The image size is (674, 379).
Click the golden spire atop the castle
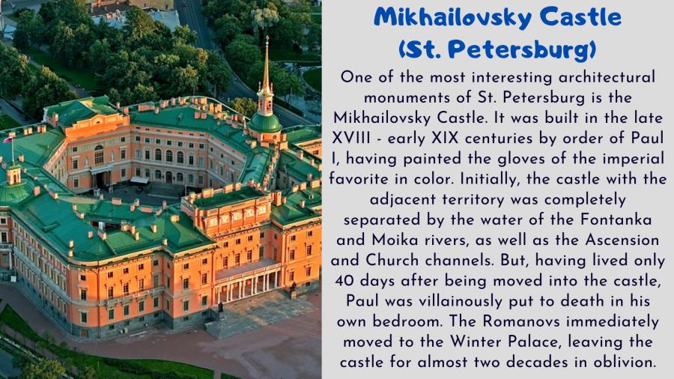267,64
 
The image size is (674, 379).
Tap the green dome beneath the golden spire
265,123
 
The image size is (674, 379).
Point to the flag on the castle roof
7,139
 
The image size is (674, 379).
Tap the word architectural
607,77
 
